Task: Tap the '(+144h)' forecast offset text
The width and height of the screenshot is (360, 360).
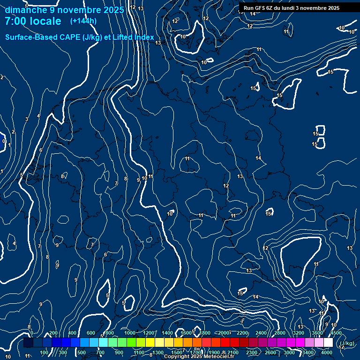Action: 83,21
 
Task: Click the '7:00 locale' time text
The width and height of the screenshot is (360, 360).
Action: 33,21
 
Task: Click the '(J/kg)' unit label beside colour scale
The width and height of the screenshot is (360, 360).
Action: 347,343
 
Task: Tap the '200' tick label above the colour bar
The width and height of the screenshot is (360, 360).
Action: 53,333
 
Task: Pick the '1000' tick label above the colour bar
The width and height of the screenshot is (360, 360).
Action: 130,333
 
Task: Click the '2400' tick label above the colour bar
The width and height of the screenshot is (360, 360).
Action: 261,333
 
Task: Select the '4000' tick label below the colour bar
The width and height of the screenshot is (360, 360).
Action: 327,352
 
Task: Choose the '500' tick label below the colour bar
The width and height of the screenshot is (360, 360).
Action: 82,352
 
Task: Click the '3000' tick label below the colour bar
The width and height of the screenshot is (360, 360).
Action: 289,352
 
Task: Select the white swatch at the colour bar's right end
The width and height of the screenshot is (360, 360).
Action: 328,343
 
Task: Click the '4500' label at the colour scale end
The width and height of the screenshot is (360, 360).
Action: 336,333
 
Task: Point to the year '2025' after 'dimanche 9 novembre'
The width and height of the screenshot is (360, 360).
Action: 113,10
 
